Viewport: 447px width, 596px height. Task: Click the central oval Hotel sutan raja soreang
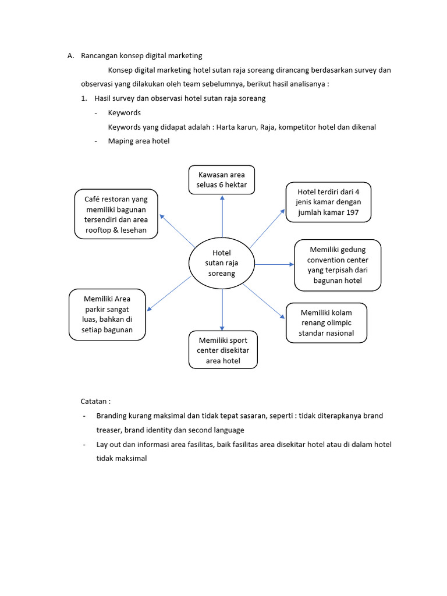click(222, 263)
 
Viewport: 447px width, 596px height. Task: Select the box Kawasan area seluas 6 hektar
click(222, 179)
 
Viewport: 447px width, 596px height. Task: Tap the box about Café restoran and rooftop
click(116, 214)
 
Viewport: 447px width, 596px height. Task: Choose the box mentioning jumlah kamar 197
click(328, 202)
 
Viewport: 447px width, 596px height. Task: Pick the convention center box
click(338, 265)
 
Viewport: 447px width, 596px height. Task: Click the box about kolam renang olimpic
click(326, 322)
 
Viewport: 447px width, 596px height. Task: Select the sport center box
click(223, 350)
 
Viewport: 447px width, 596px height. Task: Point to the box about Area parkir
click(107, 314)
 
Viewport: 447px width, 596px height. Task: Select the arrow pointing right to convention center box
click(274, 264)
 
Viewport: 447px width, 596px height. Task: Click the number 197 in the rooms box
click(352, 213)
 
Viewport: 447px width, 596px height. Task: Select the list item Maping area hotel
click(139, 141)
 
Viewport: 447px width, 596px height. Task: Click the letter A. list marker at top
click(70, 56)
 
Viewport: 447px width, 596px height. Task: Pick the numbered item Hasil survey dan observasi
click(179, 98)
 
